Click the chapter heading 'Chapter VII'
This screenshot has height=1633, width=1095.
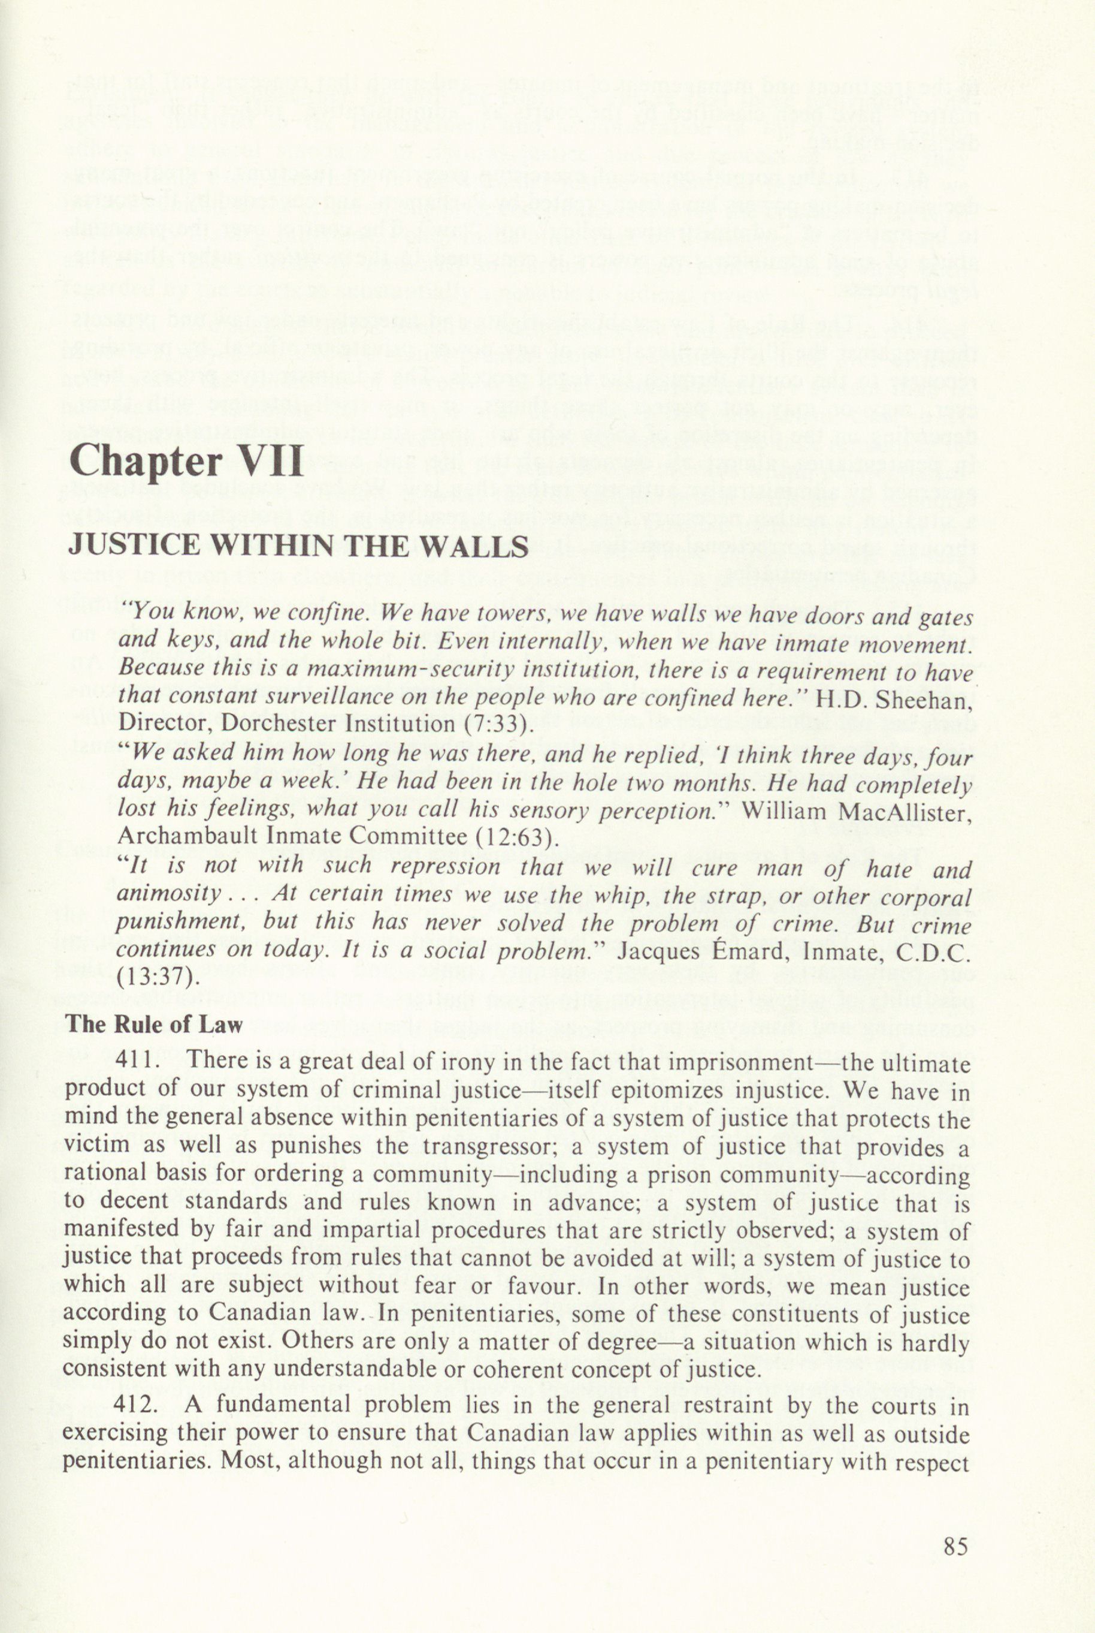(186, 460)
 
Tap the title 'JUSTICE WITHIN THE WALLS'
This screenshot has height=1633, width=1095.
(298, 545)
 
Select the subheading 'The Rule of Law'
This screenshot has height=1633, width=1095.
(153, 1024)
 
